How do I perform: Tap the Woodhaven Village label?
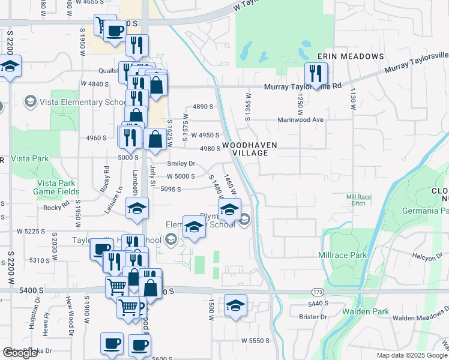click(x=244, y=149)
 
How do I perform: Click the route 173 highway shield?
click(x=317, y=292)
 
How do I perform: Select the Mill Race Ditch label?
click(x=360, y=200)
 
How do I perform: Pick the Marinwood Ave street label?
click(x=300, y=120)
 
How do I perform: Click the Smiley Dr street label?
click(x=181, y=163)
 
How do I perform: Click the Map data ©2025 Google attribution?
click(x=412, y=355)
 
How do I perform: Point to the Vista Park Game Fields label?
click(x=56, y=187)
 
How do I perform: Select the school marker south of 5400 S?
click(x=236, y=306)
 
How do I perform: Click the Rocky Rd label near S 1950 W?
click(x=56, y=207)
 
